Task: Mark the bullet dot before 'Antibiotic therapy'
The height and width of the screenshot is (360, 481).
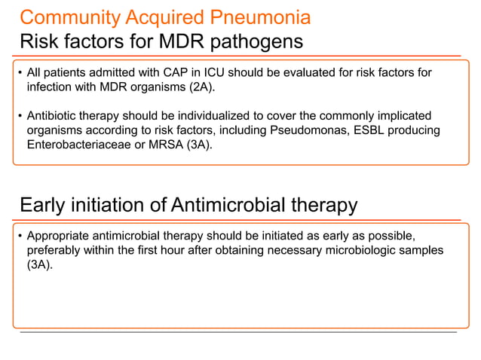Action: click(x=18, y=117)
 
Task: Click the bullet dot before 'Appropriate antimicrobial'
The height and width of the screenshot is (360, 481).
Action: click(x=18, y=236)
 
